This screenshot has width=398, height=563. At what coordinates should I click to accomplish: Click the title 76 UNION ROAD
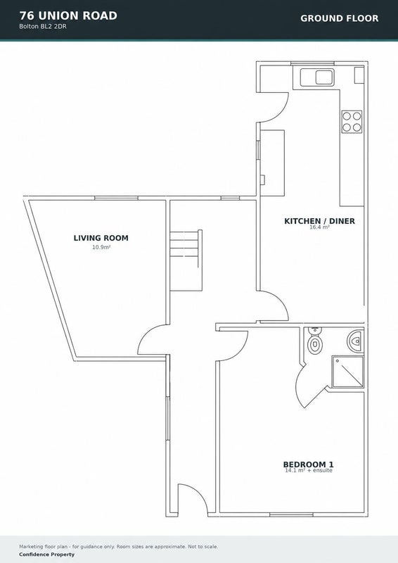coord(68,15)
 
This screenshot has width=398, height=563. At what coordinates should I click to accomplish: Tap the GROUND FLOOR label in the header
coord(340,18)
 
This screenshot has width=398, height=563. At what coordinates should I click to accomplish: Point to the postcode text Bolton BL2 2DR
coord(43,27)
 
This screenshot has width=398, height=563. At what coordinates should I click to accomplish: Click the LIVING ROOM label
coord(101,238)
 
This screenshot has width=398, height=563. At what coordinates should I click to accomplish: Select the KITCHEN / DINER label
coord(319,221)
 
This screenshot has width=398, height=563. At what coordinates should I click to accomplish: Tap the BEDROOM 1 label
coord(308,464)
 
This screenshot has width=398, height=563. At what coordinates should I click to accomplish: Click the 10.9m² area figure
coord(101,247)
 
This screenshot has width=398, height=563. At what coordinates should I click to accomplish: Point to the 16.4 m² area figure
coord(319,227)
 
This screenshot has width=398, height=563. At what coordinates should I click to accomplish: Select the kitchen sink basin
coord(325,77)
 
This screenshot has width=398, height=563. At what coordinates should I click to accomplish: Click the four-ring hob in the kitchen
coord(352,122)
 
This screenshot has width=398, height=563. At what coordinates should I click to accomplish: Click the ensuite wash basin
coord(355,341)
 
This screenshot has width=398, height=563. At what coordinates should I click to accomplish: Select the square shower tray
coord(347,372)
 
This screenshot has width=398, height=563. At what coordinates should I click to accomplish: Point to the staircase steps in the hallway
coord(186,260)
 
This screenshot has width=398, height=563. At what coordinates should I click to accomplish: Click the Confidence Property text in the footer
coord(46,555)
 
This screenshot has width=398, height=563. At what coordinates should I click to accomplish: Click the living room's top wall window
coord(116,198)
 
